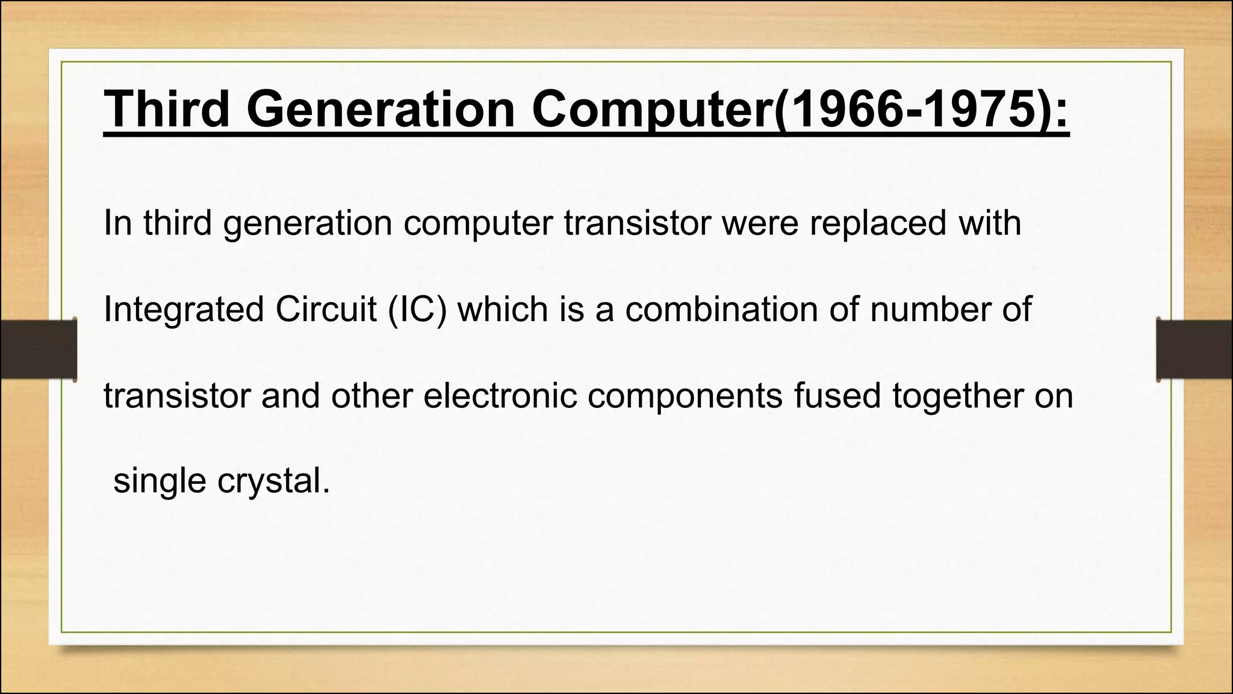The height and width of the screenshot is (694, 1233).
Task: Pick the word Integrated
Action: (x=184, y=310)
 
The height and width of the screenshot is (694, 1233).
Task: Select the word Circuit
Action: (x=326, y=310)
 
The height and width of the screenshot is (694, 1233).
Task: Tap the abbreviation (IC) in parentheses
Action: (x=417, y=310)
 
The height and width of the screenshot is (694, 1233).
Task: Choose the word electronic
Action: (x=500, y=396)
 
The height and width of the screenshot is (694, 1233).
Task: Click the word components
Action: (x=685, y=398)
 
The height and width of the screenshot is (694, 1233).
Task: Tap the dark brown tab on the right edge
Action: (x=1194, y=350)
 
